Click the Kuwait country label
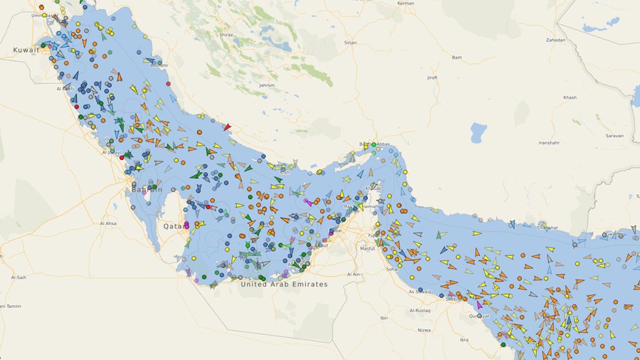[x=26, y=49]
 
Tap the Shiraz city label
[x=226, y=36]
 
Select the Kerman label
[x=406, y=4]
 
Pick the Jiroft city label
[x=432, y=78]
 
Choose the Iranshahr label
[x=549, y=143]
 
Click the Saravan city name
[x=615, y=136]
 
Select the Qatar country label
[x=174, y=226]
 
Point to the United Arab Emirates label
[x=284, y=284]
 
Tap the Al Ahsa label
[x=107, y=223]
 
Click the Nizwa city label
[x=424, y=330]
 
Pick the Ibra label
[x=463, y=340]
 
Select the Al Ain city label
[x=353, y=274]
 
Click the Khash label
[x=569, y=97]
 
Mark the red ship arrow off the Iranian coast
[x=227, y=127]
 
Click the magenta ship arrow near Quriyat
[x=479, y=305]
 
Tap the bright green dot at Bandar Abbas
[x=374, y=145]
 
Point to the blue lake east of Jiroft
[x=478, y=132]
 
